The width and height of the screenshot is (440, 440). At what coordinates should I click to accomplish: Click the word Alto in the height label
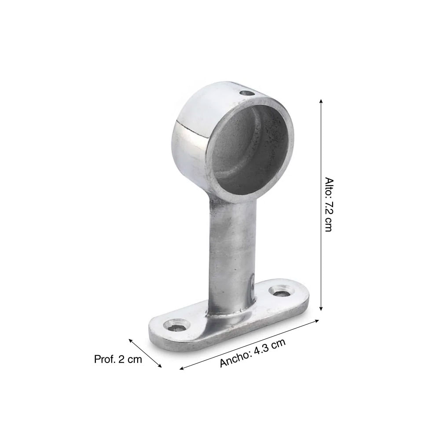pos(328,187)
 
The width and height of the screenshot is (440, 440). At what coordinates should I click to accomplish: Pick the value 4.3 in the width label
pos(263,349)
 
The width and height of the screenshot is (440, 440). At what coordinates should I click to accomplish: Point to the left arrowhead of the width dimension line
pos(181,368)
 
